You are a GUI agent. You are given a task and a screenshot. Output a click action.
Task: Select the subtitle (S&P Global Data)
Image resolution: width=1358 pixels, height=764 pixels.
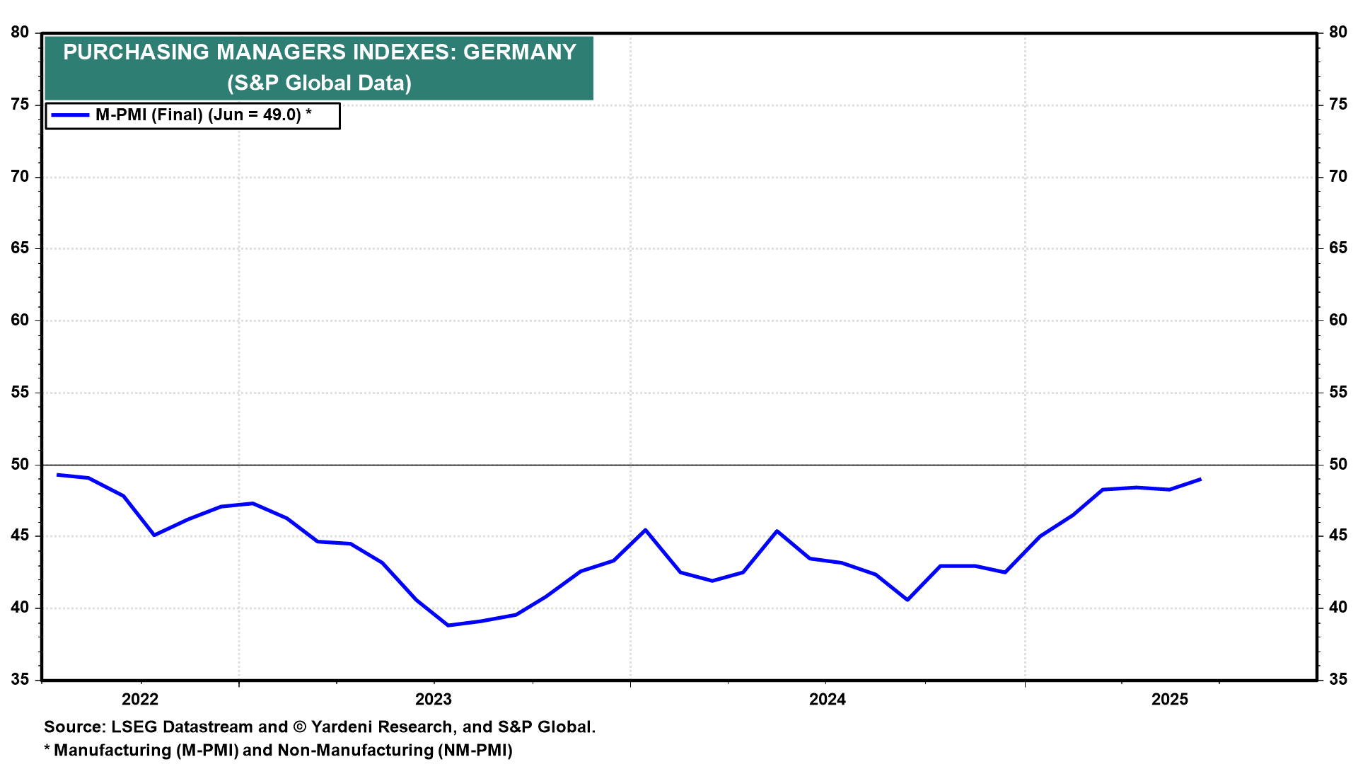tap(319, 83)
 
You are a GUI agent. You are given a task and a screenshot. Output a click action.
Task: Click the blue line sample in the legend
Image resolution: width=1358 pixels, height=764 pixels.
tap(70, 115)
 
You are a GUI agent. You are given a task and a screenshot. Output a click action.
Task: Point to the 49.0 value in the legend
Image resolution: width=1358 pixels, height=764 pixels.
tap(282, 115)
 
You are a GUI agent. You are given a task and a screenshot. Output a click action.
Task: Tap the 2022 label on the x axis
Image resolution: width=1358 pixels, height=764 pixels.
tap(140, 700)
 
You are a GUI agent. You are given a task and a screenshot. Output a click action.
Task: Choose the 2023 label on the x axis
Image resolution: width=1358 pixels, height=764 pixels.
tap(434, 700)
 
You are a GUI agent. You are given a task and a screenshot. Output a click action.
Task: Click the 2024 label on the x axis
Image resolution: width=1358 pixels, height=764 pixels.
tap(828, 700)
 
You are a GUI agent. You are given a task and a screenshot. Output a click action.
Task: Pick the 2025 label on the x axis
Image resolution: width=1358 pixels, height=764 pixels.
tap(1170, 700)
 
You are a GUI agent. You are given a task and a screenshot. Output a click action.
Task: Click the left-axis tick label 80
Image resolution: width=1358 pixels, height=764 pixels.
tap(21, 33)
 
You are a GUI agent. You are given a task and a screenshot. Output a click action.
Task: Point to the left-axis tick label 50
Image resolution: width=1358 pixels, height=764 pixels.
tap(21, 465)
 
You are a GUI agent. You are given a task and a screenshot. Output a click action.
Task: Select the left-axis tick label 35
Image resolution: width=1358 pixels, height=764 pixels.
tap(21, 680)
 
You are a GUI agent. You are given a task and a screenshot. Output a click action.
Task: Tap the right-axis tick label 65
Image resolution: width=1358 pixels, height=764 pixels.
tap(1338, 248)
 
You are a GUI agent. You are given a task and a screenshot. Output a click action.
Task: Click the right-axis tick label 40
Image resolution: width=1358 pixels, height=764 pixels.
tap(1338, 608)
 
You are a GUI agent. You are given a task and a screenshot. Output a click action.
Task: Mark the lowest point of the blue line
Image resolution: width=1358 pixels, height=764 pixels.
tap(448, 625)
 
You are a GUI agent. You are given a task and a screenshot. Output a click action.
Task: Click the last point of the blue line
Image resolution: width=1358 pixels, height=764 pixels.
tap(1201, 479)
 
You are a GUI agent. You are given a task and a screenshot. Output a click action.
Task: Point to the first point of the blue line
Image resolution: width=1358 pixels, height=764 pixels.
tap(57, 475)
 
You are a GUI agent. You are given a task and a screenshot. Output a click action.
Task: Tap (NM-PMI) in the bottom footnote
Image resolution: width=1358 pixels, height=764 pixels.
tap(475, 751)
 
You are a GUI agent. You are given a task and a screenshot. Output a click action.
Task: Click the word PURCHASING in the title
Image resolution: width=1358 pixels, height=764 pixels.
tap(137, 52)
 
